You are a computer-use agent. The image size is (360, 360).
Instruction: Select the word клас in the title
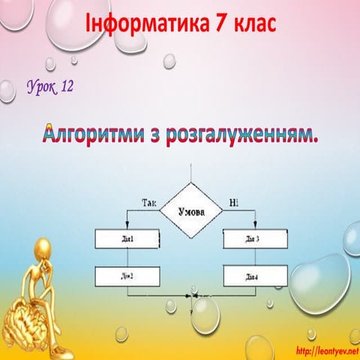[255, 22]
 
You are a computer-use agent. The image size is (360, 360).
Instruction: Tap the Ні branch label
[233, 203]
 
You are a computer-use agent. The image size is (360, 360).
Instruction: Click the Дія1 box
[127, 239]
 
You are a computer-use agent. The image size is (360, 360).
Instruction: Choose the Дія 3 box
[255, 239]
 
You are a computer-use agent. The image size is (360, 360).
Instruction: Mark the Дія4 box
[255, 277]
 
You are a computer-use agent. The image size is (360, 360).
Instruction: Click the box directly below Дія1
[127, 277]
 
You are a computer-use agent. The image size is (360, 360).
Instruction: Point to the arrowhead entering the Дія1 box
[127, 226]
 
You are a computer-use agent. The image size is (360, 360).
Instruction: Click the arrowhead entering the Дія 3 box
[255, 226]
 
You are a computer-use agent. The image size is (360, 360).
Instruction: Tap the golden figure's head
[43, 248]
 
